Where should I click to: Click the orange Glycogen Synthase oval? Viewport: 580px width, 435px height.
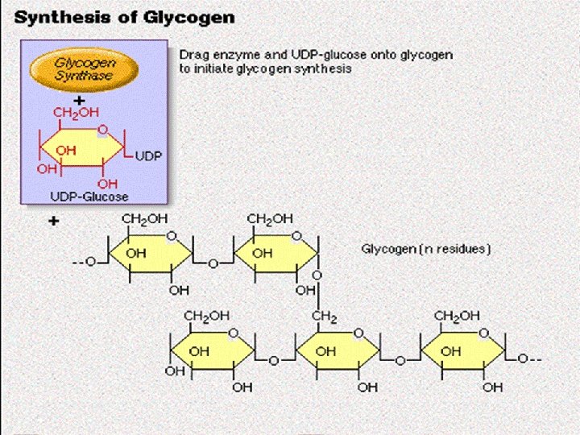[x=84, y=68]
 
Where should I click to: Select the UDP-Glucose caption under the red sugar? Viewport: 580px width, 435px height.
[x=89, y=196]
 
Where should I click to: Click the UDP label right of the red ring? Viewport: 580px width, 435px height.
[x=147, y=155]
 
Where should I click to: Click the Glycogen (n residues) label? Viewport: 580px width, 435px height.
[x=425, y=249]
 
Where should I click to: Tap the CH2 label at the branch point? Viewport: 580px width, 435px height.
[x=324, y=317]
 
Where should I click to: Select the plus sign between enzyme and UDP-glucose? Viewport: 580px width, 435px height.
[x=79, y=99]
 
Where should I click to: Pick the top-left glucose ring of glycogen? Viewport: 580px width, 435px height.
[x=150, y=255]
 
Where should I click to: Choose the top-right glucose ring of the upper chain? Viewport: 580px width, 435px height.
[x=275, y=255]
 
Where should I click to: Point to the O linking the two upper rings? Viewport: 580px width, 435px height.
[x=213, y=263]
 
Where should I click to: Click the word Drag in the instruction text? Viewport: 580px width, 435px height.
[x=193, y=55]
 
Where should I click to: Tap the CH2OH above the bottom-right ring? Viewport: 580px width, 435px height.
[x=458, y=317]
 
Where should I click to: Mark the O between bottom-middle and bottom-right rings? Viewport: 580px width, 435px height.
[x=400, y=362]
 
